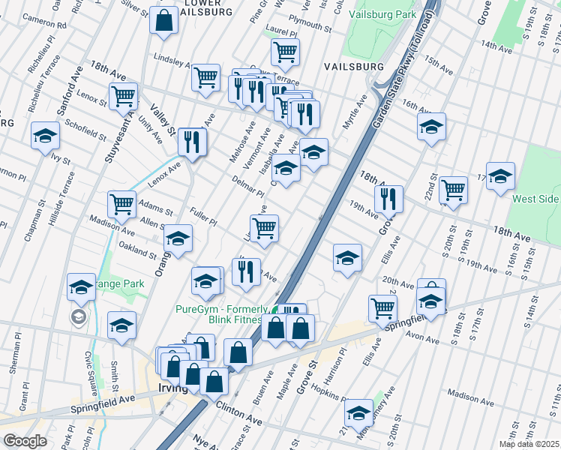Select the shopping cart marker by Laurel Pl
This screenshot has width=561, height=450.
[284, 52]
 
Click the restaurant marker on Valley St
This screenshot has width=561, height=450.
[193, 140]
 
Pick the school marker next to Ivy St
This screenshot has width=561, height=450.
[45, 136]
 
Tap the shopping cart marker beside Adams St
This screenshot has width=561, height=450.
[121, 203]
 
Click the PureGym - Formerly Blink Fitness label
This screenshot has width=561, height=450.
[222, 315]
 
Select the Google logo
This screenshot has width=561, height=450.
[25, 440]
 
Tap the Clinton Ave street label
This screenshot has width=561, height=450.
[238, 413]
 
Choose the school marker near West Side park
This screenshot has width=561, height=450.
[500, 176]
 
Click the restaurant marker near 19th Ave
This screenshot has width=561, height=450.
[388, 199]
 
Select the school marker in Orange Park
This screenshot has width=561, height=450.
[82, 286]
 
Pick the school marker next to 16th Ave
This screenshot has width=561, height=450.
[431, 127]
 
